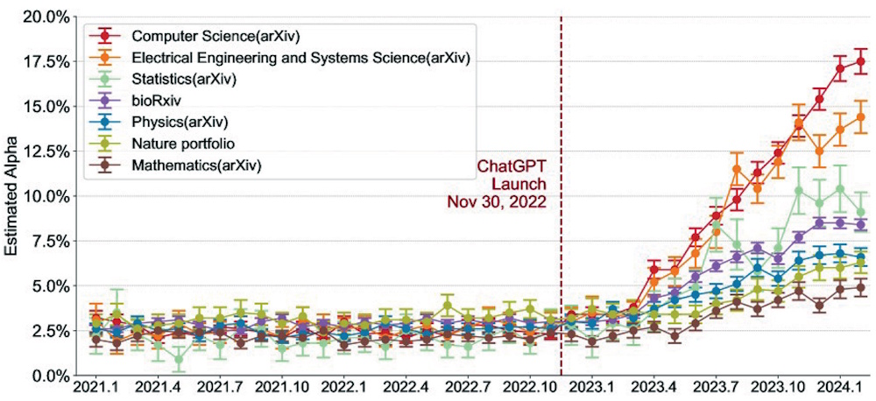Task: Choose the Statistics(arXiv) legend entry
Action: [x=184, y=79]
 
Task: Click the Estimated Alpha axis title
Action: [x=12, y=195]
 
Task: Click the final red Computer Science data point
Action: [x=861, y=61]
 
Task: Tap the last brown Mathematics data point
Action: [x=861, y=287]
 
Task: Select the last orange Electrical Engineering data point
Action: [x=861, y=117]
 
